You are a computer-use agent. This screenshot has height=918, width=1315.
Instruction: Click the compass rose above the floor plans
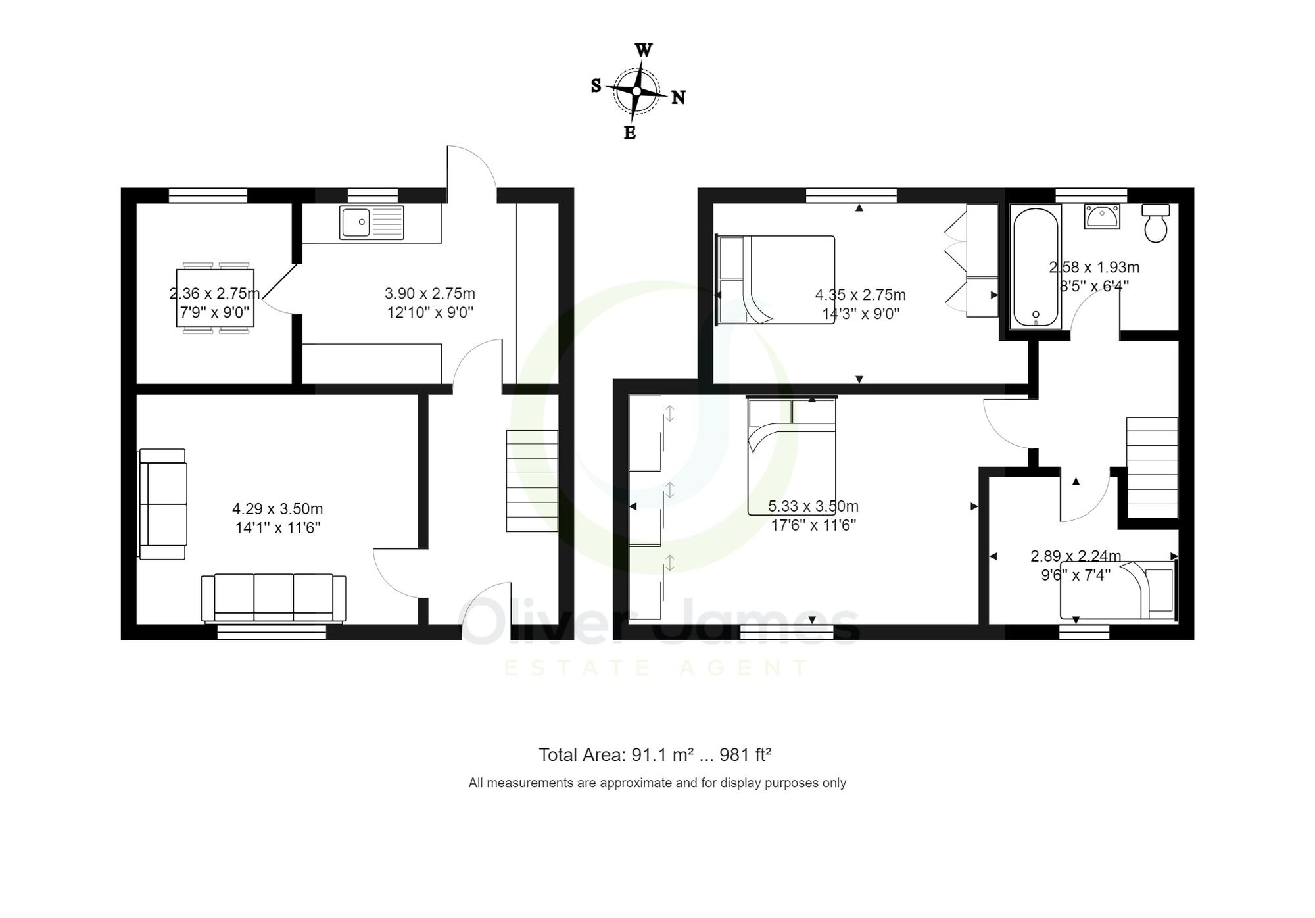(636, 91)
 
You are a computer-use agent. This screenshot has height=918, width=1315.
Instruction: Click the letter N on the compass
(679, 98)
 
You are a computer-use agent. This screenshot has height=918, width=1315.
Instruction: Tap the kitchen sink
(371, 222)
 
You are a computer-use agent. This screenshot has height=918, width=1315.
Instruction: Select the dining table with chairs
(215, 298)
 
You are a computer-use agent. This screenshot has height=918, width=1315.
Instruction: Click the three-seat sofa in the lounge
(274, 597)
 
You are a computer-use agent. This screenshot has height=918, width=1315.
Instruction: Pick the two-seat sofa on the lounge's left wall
(162, 504)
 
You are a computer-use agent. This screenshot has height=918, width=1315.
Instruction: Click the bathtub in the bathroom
(1036, 267)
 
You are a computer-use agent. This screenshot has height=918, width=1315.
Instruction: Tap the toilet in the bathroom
(1155, 223)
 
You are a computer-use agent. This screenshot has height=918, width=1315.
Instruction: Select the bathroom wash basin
(1101, 216)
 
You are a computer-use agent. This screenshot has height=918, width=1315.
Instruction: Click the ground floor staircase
(532, 481)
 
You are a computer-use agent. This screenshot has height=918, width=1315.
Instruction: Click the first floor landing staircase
(1152, 468)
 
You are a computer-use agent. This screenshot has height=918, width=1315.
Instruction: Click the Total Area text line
(654, 755)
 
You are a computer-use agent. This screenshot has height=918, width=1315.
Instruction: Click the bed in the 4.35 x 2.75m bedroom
(776, 280)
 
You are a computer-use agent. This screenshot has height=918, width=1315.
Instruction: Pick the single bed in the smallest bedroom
(1118, 591)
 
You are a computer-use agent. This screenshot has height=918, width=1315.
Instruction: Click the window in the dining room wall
(208, 195)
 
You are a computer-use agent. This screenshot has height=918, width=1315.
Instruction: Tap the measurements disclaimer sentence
(657, 783)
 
